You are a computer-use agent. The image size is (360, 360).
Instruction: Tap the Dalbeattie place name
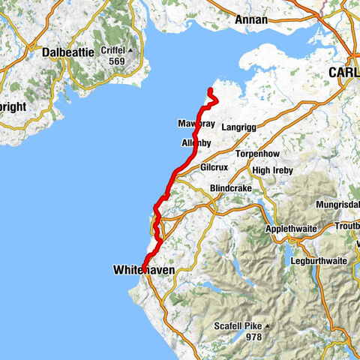point(68,54)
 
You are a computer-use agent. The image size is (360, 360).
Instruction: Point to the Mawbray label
point(196,122)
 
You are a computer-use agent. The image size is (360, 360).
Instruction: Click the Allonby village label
point(196,142)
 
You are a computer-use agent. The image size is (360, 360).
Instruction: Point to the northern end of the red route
point(209,91)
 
